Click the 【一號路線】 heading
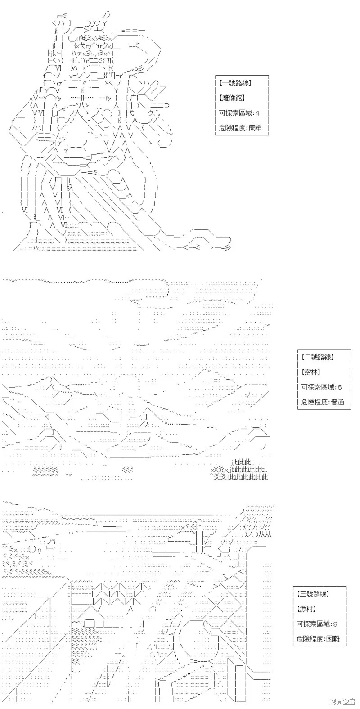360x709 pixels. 235,83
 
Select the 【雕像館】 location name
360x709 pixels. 232,98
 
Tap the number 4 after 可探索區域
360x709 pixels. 257,113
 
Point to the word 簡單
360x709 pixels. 255,128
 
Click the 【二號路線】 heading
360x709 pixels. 317,357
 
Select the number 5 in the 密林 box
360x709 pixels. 340,387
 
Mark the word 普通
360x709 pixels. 337,402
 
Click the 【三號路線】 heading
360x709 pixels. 313,593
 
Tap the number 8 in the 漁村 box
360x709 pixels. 335,624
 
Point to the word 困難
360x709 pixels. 333,639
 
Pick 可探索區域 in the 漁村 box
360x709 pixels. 314,624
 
